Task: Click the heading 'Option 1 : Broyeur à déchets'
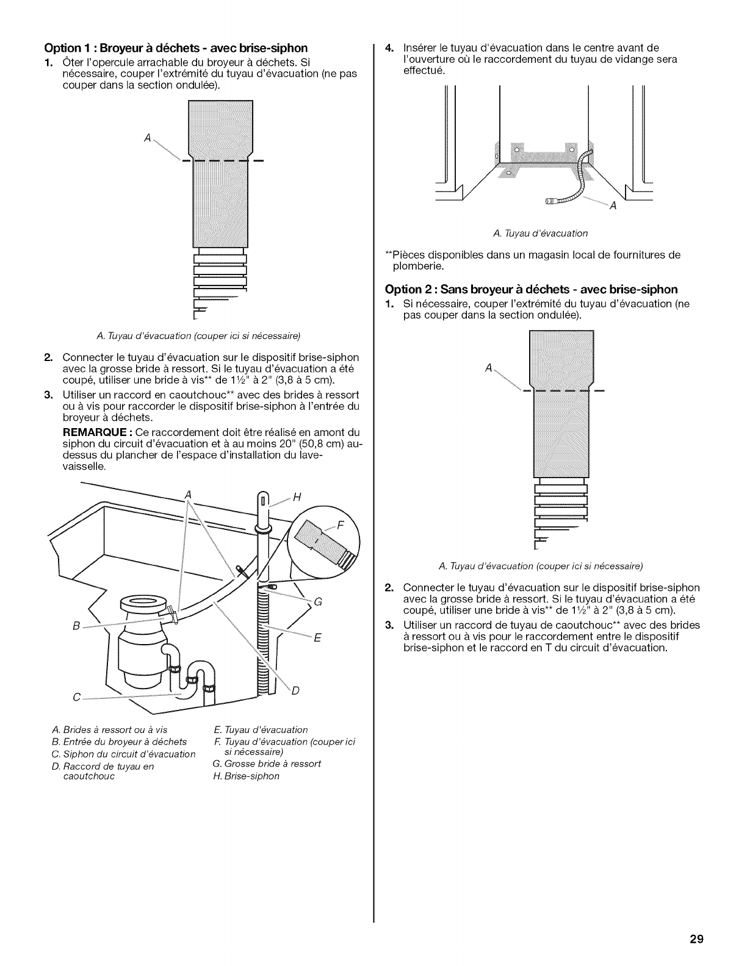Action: (175, 48)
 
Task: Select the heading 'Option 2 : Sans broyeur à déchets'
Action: (532, 289)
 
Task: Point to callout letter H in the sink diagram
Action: (298, 496)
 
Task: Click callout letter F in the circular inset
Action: (342, 526)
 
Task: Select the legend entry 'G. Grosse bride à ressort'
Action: (266, 764)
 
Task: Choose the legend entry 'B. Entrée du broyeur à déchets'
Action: (120, 742)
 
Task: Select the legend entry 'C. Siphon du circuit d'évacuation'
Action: (124, 754)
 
